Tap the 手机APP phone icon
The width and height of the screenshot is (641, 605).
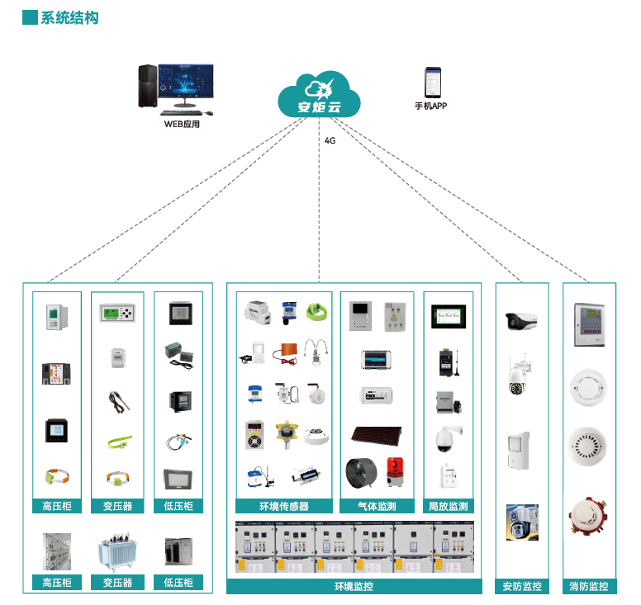(x=430, y=83)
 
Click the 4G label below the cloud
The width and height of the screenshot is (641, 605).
(x=330, y=140)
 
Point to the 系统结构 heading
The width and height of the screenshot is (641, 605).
(x=69, y=17)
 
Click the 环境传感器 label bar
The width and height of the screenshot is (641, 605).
(x=283, y=506)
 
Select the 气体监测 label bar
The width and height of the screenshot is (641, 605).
(x=376, y=506)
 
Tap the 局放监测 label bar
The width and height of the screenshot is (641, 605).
(x=448, y=506)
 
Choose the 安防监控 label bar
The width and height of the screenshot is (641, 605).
(x=521, y=586)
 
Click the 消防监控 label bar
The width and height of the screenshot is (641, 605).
(x=589, y=586)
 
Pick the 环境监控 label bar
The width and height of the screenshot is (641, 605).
(x=354, y=586)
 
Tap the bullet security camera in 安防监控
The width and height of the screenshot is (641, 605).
(x=521, y=320)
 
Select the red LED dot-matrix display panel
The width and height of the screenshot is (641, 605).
(x=376, y=435)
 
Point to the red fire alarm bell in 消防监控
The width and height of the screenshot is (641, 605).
(x=588, y=518)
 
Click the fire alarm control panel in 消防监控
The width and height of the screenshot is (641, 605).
(x=589, y=323)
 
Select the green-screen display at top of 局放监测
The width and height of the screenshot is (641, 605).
(x=448, y=317)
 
